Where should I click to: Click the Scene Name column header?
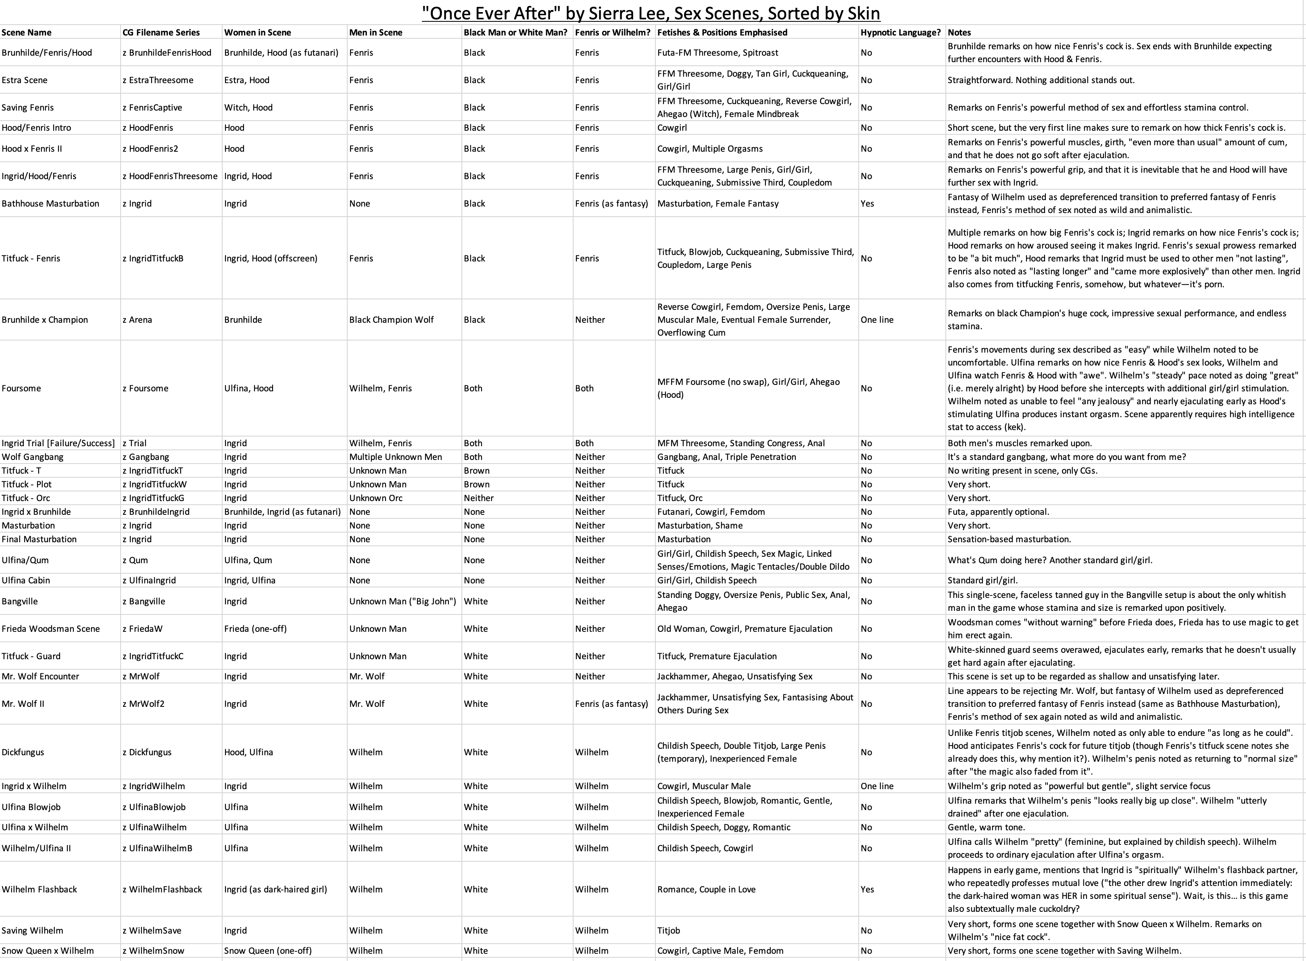[27, 33]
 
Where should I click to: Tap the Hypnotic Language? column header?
[900, 33]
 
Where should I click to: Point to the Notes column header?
[960, 33]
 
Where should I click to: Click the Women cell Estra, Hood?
[246, 80]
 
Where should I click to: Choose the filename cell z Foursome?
[145, 388]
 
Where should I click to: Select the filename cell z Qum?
[136, 560]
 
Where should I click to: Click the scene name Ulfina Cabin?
[25, 580]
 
